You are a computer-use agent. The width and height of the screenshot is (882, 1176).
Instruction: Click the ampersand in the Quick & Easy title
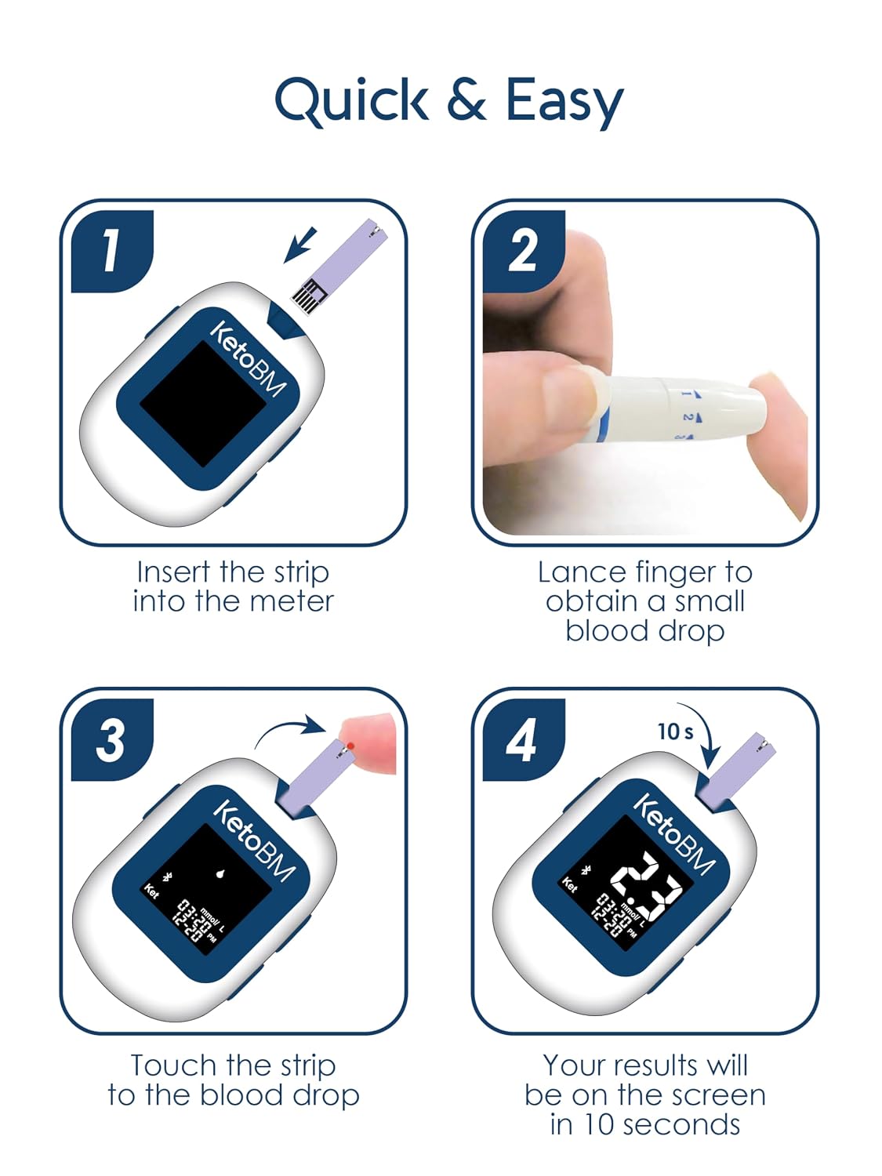[466, 99]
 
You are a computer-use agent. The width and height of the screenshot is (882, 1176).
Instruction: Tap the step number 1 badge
[112, 251]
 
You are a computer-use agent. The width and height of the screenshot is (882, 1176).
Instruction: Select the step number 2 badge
[523, 251]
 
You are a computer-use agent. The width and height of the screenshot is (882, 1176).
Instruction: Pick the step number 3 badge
[112, 741]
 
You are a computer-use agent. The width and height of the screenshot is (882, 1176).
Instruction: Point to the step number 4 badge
[523, 741]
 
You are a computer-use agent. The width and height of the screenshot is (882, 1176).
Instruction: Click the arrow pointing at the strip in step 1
[300, 245]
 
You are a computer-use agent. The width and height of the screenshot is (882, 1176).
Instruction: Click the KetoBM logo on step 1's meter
[248, 358]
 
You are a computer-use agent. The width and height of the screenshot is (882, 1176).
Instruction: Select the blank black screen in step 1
[203, 404]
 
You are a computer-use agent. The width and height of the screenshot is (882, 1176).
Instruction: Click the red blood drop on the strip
[350, 746]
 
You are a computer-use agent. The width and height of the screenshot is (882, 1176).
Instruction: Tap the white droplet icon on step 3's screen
[220, 873]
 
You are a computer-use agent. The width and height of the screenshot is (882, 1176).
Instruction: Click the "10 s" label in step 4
[675, 731]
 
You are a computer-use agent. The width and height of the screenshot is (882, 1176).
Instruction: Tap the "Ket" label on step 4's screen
[569, 884]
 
